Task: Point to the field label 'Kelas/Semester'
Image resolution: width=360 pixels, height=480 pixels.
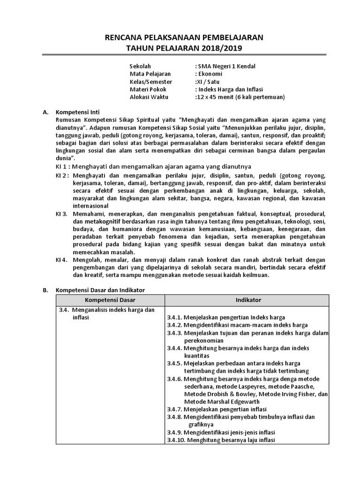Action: pyautogui.click(x=150, y=82)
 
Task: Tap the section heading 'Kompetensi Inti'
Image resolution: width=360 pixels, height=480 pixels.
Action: pyautogui.click(x=77, y=113)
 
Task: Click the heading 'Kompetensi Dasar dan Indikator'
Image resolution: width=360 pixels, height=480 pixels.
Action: pyautogui.click(x=100, y=290)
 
